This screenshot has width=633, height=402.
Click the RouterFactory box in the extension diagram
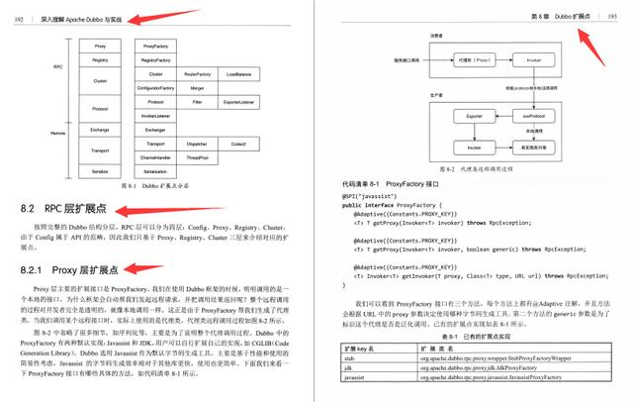point(198,74)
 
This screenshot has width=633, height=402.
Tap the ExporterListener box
point(239,102)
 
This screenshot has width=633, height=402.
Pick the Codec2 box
point(239,144)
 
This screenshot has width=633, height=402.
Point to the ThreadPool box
point(198,157)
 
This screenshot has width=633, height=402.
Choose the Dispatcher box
point(198,144)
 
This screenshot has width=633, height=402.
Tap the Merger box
point(198,88)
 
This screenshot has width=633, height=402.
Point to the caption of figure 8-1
point(154,187)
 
